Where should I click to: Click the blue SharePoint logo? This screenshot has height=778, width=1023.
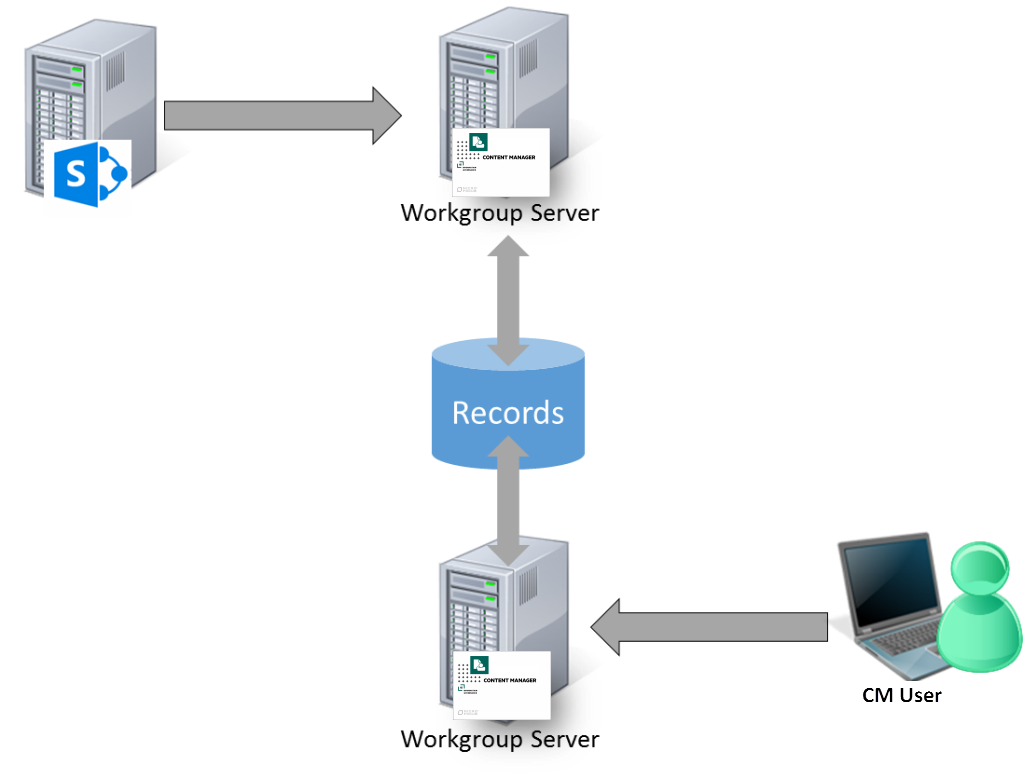88,174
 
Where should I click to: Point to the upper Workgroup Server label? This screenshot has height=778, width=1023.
498,213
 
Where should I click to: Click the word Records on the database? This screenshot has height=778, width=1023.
508,413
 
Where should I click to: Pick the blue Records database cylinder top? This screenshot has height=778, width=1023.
508,356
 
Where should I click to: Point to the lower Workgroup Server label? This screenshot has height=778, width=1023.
498,739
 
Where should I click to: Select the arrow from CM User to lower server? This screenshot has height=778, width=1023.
709,627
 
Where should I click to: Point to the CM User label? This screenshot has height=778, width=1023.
901,694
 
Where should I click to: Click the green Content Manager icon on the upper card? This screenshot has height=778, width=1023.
478,143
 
